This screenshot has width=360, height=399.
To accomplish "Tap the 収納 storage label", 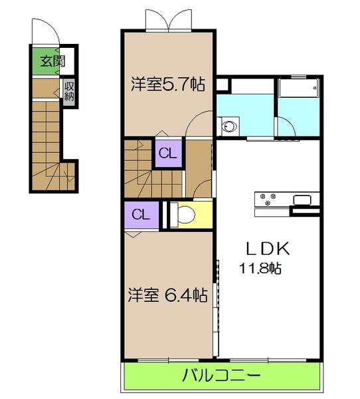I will (x=69, y=90).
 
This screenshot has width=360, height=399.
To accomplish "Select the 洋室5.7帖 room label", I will (x=167, y=84).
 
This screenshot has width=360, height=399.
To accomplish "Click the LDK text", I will (x=267, y=249).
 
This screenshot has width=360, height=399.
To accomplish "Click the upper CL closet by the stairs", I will (x=168, y=154).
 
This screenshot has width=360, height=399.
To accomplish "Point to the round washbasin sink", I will (x=230, y=124).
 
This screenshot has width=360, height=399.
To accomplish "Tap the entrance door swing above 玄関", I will (x=45, y=33).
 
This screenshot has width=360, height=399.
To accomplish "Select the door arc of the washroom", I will (x=197, y=123).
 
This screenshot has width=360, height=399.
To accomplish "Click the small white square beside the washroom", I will (x=221, y=85).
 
